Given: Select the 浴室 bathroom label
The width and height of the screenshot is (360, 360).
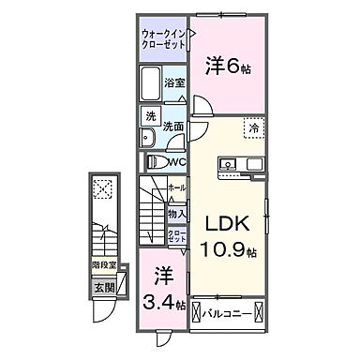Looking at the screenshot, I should [x=173, y=82].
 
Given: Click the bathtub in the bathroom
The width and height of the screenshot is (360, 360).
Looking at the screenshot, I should [x=151, y=88].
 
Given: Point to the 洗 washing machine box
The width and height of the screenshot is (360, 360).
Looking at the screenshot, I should [x=150, y=117].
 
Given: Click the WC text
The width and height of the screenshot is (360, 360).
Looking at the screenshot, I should [x=179, y=162].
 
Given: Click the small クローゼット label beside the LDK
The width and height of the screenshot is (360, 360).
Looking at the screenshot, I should [x=177, y=236].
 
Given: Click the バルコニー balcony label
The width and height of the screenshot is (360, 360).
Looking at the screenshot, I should [x=227, y=312].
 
